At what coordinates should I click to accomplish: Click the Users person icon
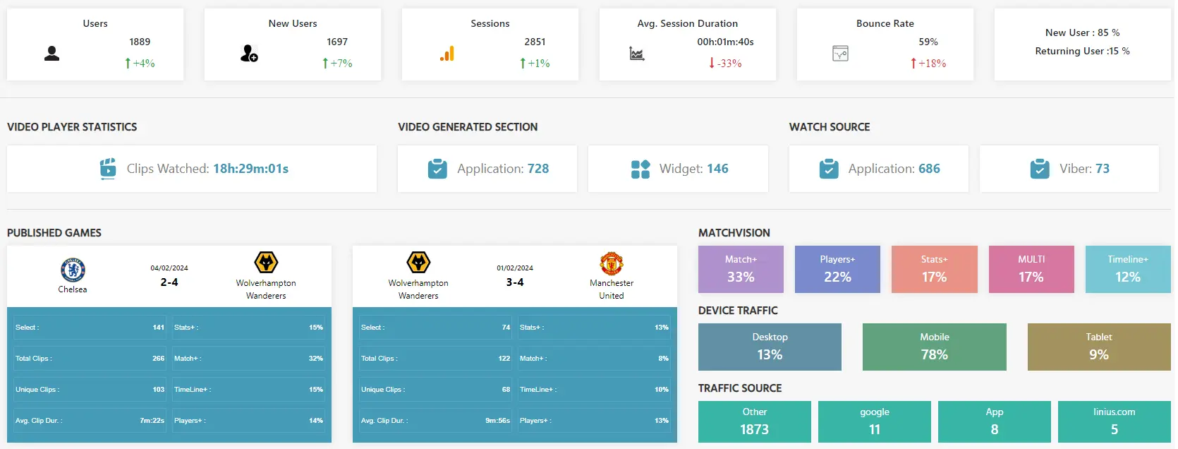(x=51, y=54)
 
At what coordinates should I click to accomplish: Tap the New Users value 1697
(x=337, y=42)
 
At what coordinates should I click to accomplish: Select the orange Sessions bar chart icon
(x=447, y=54)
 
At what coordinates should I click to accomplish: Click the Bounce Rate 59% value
(x=928, y=42)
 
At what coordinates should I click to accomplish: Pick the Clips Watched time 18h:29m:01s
(x=250, y=169)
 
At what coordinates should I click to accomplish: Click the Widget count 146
(x=717, y=169)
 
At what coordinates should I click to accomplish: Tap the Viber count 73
(x=1102, y=169)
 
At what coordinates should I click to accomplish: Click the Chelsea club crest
(x=73, y=270)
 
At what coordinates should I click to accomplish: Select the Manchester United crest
(x=611, y=263)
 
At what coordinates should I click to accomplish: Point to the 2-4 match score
(x=169, y=282)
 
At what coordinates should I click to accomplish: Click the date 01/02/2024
(x=515, y=268)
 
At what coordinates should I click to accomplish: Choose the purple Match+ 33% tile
(x=741, y=269)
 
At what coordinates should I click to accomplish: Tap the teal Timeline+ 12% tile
(x=1127, y=269)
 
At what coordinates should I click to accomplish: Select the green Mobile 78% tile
(x=934, y=347)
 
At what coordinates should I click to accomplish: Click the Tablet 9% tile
(x=1098, y=347)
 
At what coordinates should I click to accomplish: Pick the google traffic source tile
(x=874, y=421)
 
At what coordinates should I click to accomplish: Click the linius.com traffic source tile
(x=1114, y=421)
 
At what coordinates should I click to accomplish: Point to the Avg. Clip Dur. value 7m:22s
(x=152, y=421)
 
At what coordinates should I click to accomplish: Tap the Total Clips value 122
(x=504, y=359)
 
